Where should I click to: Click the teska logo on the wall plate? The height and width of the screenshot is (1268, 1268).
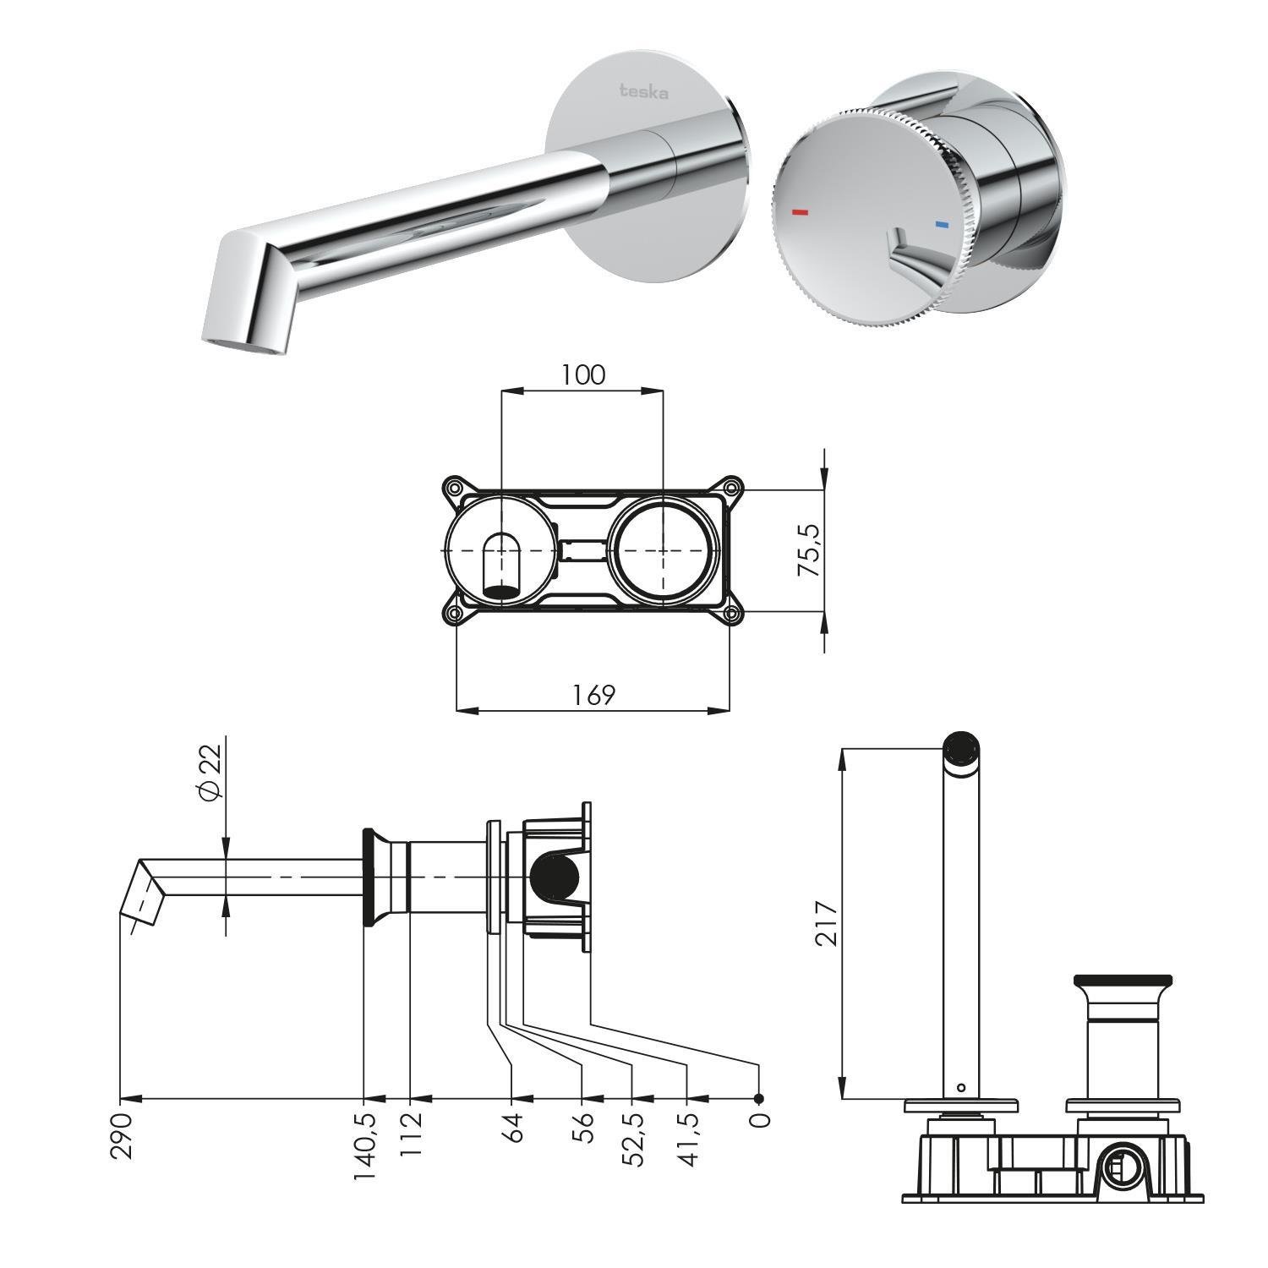pos(644,91)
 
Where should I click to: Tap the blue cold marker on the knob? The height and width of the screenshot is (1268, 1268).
pos(942,226)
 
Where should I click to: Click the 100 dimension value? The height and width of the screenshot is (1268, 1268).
pos(583,374)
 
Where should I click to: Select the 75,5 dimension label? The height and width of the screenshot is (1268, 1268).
pos(809,549)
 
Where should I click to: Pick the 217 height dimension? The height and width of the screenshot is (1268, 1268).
pos(826,923)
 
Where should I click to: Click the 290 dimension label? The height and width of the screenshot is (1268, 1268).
pos(121,1135)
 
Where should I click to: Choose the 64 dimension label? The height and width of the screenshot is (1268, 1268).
pos(513,1128)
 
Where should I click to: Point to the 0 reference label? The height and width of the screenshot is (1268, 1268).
pos(759,1120)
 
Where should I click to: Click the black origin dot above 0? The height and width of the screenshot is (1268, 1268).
pos(759,1099)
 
